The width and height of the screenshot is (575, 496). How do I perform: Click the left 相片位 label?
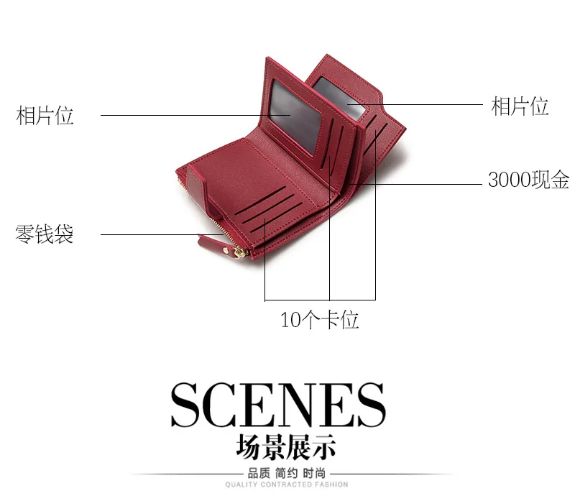45,115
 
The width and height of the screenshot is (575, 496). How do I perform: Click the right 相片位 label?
520,106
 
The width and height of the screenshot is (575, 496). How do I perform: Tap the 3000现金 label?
528,180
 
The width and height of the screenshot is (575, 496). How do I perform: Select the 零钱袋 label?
45,234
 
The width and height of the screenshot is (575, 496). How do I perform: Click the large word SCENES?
277,405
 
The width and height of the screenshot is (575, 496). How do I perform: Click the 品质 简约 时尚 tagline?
286,473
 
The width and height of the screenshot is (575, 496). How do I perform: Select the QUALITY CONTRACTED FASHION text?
286,485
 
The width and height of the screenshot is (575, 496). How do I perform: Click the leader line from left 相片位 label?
180,115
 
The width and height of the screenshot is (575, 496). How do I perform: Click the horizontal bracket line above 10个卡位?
320,299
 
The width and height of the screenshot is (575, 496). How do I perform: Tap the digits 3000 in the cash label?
508,180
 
